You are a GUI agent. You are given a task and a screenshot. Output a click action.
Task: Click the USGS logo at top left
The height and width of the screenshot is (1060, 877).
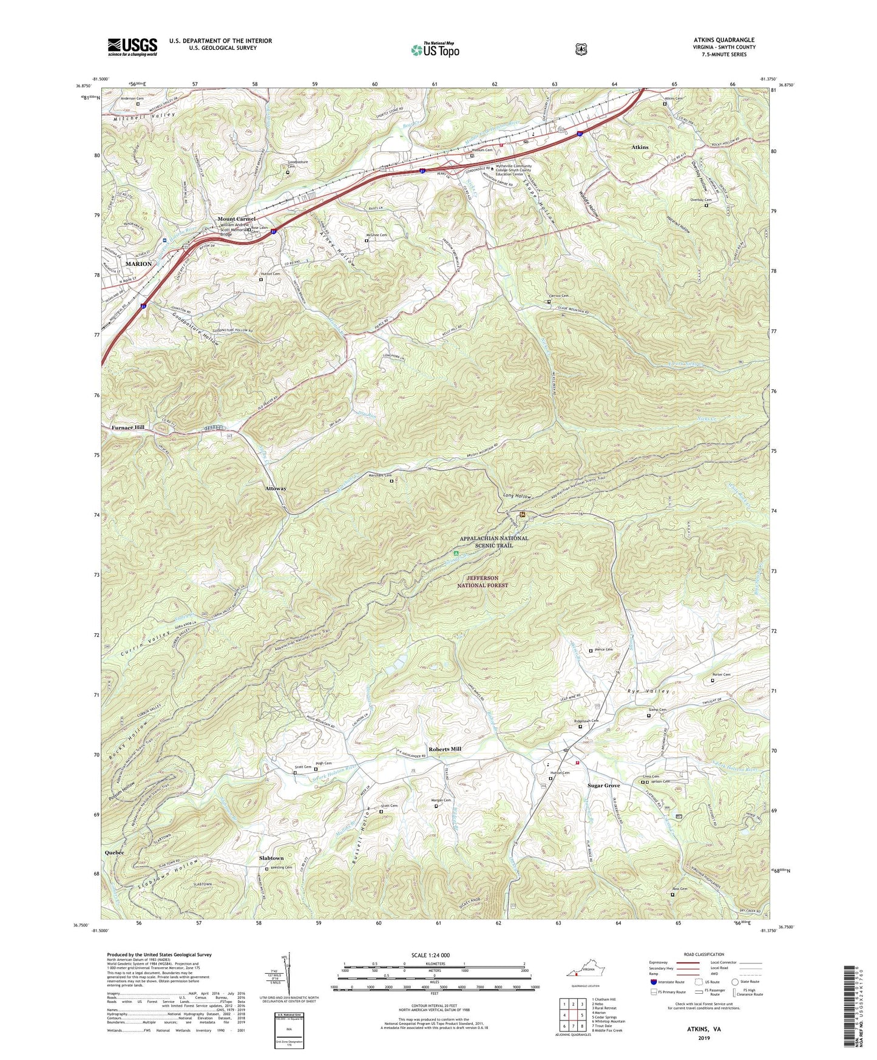tap(132, 47)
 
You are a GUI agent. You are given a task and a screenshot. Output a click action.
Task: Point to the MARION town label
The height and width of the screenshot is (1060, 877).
tap(138, 264)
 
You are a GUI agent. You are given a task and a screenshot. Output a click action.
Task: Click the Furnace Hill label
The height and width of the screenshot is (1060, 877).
tap(128, 427)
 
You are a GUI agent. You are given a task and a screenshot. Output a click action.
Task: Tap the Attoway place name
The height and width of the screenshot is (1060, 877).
tap(276, 488)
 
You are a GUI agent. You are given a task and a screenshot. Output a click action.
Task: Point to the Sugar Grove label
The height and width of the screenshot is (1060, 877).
tap(603, 786)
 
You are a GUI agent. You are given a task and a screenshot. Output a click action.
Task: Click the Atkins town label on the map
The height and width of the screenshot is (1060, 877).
tap(640, 147)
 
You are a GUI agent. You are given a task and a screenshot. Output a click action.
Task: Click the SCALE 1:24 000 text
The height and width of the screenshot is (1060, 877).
tap(433, 956)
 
